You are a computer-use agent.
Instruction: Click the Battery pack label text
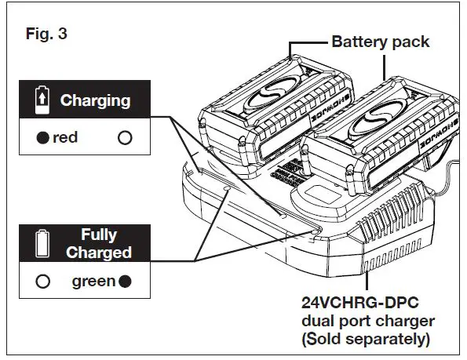[381, 41]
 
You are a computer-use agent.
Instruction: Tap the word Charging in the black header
[95, 100]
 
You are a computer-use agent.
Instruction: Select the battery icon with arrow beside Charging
[42, 100]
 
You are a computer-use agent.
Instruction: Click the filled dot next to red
[42, 138]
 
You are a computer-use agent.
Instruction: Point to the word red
[65, 138]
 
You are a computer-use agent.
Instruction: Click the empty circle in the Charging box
[124, 138]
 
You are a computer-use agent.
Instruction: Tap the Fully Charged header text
[99, 243]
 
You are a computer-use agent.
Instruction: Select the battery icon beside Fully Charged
[42, 243]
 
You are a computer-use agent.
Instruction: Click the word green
[93, 282]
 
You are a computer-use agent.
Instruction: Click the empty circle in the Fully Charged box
[42, 282]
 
